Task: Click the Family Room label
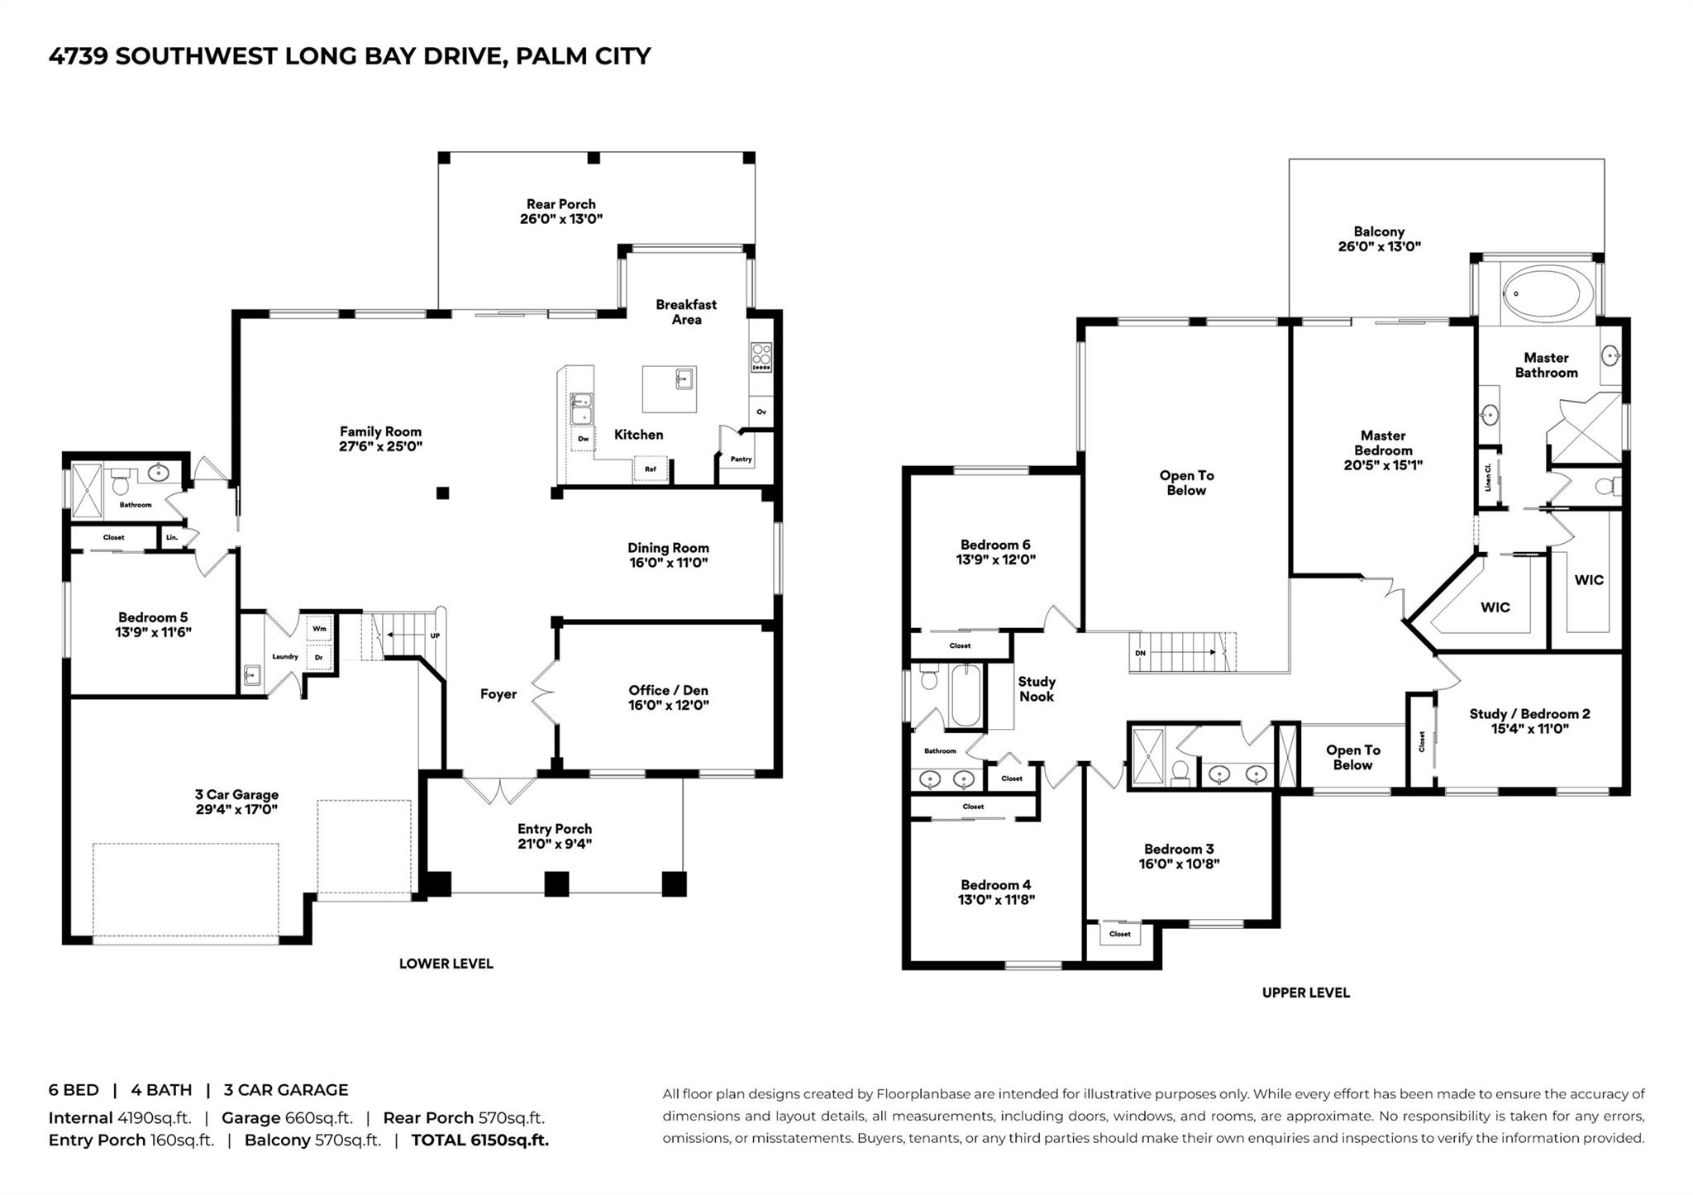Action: (x=380, y=431)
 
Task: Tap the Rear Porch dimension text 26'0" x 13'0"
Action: (x=561, y=219)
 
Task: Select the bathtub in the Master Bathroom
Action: (x=1540, y=293)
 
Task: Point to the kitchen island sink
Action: (x=684, y=379)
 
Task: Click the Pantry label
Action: (x=741, y=459)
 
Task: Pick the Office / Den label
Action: (x=668, y=690)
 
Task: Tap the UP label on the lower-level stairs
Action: (x=435, y=636)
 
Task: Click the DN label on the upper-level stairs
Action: (x=1141, y=653)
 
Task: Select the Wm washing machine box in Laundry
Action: (x=319, y=629)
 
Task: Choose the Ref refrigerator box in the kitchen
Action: (x=651, y=469)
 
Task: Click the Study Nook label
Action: (x=1037, y=689)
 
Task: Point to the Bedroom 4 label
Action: (x=996, y=885)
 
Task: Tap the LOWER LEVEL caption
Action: (x=446, y=964)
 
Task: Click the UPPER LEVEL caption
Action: (x=1306, y=993)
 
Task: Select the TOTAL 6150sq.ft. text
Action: (x=480, y=1140)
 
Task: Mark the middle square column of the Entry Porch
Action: (x=556, y=884)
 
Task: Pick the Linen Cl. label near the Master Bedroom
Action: (x=1488, y=478)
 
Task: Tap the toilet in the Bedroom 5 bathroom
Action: (x=122, y=483)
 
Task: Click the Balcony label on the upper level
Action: (x=1379, y=231)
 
